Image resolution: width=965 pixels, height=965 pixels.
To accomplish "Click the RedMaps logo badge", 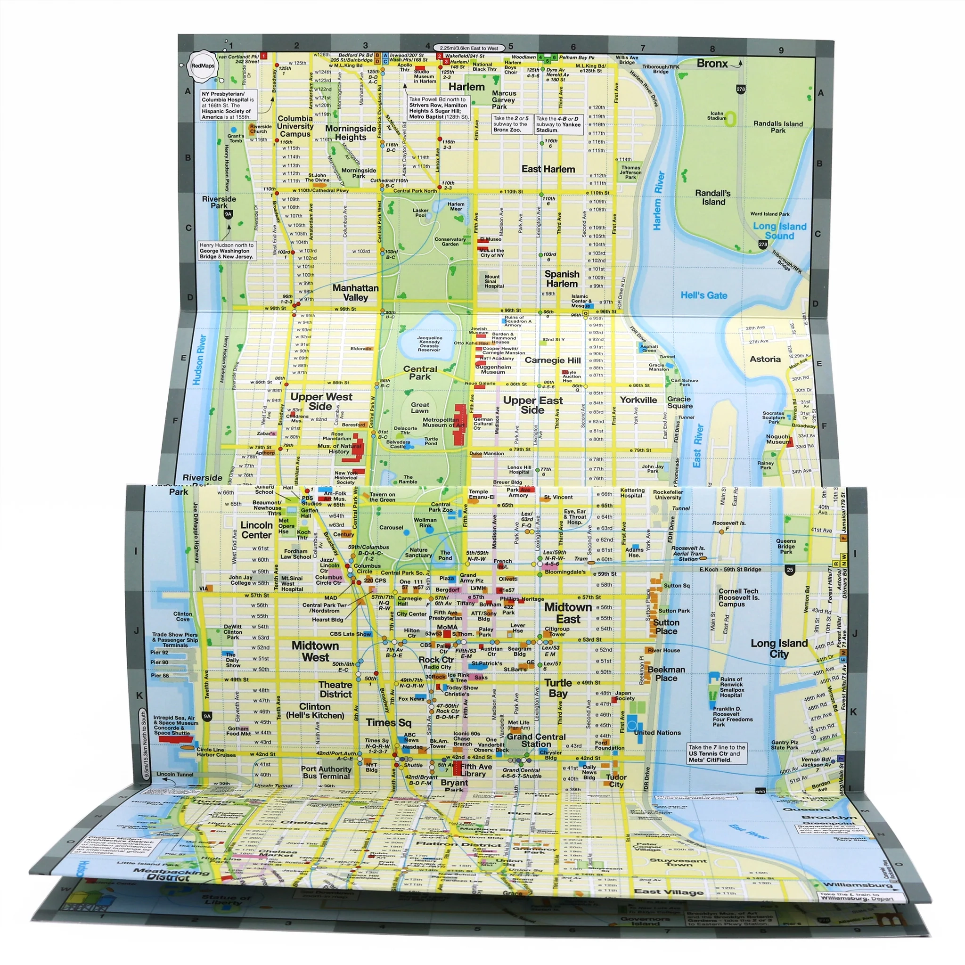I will (x=202, y=66).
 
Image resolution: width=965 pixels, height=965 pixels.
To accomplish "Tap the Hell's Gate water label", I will (x=704, y=295).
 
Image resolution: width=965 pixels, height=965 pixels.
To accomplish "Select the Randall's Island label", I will (x=713, y=197).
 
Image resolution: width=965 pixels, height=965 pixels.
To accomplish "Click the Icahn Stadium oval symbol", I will (x=731, y=118).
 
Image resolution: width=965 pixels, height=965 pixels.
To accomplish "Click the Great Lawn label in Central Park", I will (x=420, y=408).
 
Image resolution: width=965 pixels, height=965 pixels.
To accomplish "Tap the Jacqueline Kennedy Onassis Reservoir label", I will (x=429, y=343).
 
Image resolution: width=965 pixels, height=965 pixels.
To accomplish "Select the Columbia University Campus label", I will (x=295, y=126).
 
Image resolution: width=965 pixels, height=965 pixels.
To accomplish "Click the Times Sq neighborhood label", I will (x=388, y=722).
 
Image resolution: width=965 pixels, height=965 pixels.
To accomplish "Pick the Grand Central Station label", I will (x=536, y=741).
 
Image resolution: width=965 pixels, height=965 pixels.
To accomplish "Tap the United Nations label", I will (x=657, y=733).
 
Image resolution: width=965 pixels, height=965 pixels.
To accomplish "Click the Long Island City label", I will (x=779, y=649).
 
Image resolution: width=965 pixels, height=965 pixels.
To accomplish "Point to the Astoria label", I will (x=765, y=359).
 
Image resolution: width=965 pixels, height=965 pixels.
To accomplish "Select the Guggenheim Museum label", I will (x=493, y=369).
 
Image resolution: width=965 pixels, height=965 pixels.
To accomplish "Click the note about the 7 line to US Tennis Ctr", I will (x=717, y=754).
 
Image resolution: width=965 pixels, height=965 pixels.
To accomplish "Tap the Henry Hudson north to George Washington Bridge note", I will (x=227, y=251).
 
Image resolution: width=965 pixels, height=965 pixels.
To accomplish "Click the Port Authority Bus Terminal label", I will (x=326, y=773).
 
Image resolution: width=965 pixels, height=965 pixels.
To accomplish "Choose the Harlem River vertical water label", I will (x=659, y=201).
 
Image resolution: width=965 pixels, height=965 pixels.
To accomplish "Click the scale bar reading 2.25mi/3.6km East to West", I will (x=469, y=48).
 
